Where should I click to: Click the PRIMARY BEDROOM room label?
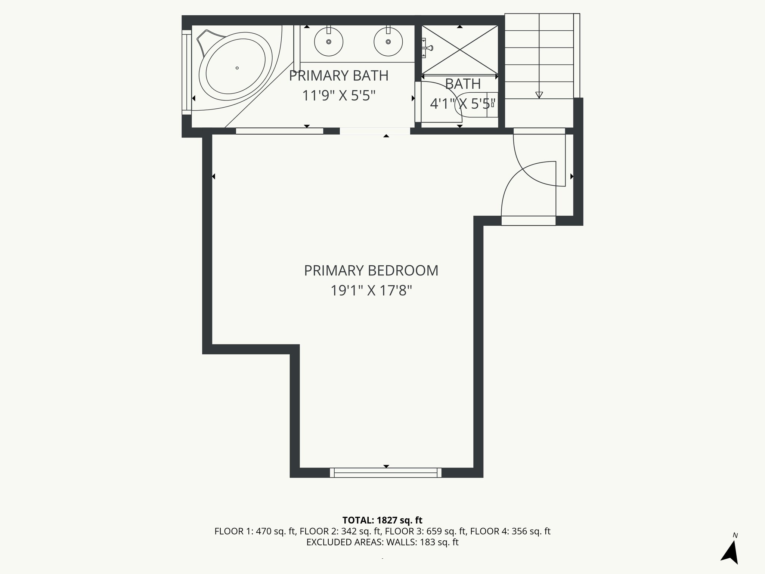371,271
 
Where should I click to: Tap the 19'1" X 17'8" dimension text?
371,290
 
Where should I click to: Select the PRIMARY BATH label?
338,76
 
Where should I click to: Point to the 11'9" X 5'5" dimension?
338,96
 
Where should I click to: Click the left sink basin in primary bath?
329,41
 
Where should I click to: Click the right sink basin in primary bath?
388,41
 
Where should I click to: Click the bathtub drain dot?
237,68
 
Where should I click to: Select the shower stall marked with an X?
460,50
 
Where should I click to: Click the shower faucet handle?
428,48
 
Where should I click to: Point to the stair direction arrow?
539,95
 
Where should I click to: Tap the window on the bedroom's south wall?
385,473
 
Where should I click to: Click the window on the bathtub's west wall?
186,72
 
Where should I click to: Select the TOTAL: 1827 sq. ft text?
382,520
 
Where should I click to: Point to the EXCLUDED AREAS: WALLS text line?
382,542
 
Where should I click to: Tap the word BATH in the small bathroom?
463,84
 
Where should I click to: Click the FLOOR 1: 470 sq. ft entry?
255,531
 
